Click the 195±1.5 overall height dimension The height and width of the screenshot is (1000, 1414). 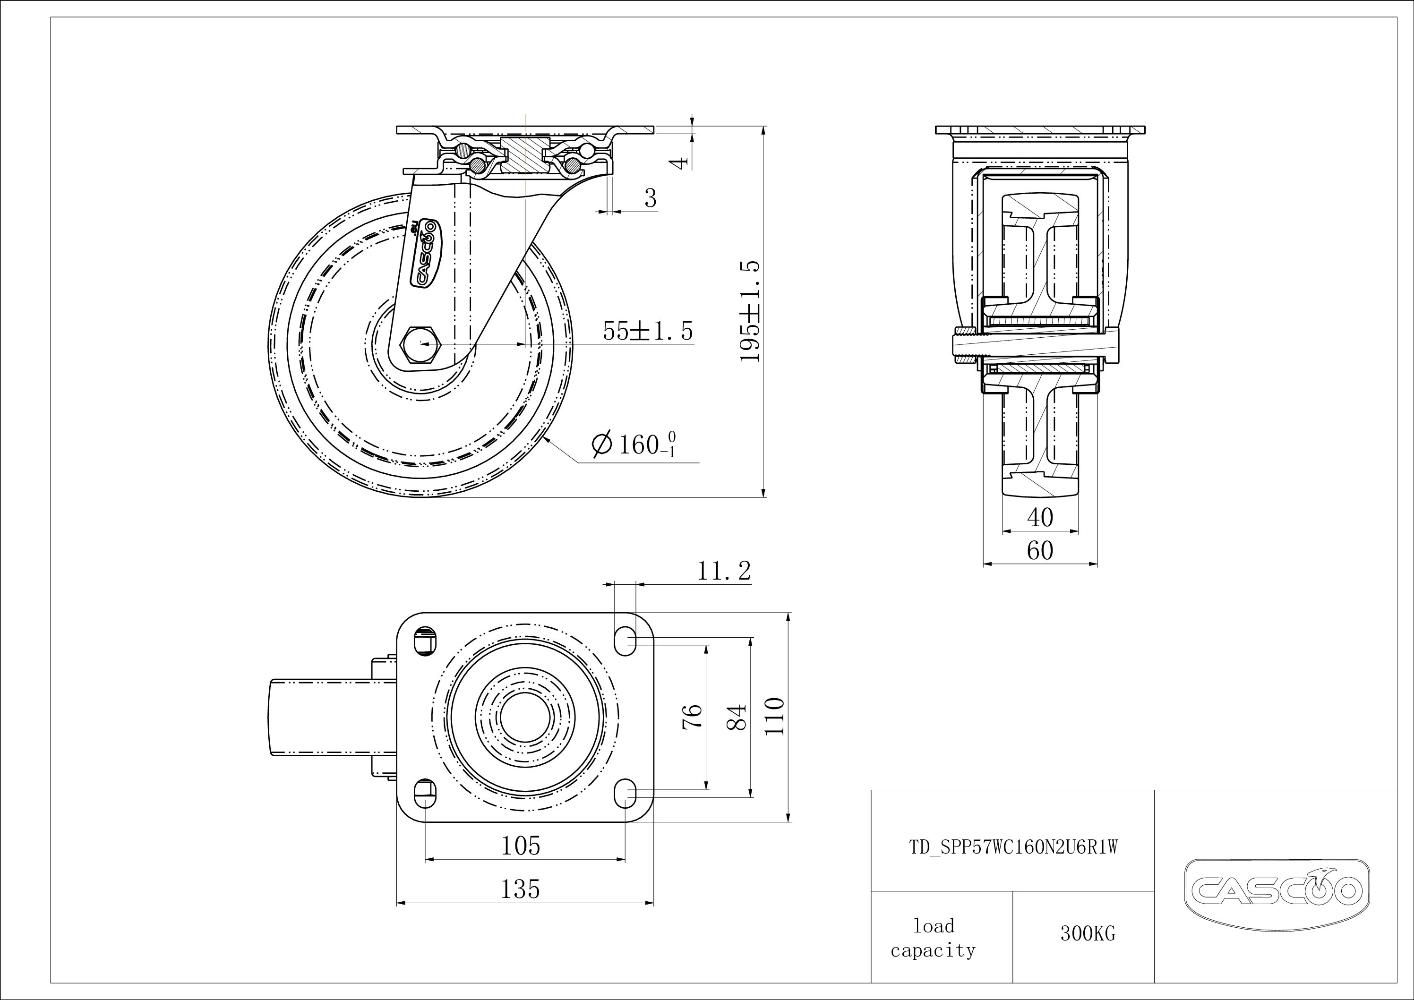[750, 312]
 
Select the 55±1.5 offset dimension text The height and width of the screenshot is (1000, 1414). [647, 331]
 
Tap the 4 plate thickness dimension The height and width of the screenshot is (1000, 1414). [679, 162]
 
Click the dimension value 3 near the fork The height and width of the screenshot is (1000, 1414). [651, 198]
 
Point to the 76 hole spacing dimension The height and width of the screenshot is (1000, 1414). [694, 717]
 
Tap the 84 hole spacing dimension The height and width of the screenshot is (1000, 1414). [738, 717]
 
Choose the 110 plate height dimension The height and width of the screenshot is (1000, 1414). [776, 717]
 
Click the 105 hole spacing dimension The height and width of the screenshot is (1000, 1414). [521, 846]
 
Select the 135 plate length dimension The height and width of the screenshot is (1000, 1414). [521, 889]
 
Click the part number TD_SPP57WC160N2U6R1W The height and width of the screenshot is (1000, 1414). [1013, 848]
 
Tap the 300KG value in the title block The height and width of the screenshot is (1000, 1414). [1088, 934]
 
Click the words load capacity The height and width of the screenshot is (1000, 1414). [933, 939]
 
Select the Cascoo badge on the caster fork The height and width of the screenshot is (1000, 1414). [424, 252]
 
